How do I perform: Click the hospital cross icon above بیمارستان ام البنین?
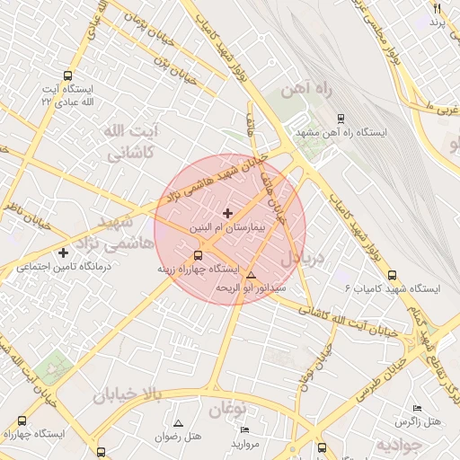[226, 213]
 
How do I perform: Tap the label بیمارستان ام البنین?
[227, 229]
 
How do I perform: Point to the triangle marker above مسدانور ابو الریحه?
[251, 275]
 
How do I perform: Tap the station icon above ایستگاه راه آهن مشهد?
[339, 118]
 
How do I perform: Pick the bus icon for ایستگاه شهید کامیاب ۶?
[391, 275]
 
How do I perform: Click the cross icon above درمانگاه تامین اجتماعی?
[63, 252]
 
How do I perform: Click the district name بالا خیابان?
[129, 394]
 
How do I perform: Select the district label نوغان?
[227, 410]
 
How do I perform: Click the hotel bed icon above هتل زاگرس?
[417, 408]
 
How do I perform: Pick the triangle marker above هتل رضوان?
[178, 422]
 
